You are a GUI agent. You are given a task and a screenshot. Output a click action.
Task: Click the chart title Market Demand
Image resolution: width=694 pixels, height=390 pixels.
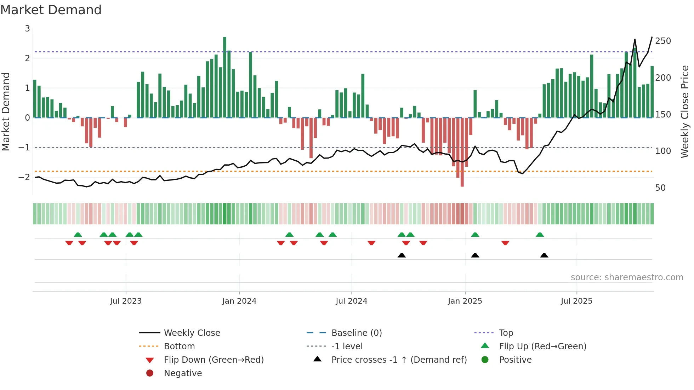(x=51, y=10)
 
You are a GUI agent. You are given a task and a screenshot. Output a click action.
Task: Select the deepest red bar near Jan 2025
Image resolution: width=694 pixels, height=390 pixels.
(x=462, y=152)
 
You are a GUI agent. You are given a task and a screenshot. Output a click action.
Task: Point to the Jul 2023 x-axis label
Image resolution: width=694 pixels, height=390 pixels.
(x=126, y=301)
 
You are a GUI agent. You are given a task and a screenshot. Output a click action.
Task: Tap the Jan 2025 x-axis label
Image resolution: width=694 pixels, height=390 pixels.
(x=465, y=301)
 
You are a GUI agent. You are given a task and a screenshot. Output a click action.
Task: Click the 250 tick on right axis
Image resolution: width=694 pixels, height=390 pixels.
(x=663, y=41)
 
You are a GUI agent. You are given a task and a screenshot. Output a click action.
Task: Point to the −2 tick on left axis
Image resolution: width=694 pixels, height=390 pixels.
(x=24, y=177)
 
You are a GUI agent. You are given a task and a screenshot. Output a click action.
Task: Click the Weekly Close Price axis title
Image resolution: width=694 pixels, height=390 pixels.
(x=685, y=111)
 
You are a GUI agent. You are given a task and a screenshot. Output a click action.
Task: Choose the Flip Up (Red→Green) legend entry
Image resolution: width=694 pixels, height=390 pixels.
(x=542, y=346)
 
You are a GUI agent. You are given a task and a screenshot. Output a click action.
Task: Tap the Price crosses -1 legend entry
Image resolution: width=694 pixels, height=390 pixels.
(x=399, y=360)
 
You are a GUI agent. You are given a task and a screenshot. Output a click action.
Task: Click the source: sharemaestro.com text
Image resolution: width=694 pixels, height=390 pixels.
(x=627, y=277)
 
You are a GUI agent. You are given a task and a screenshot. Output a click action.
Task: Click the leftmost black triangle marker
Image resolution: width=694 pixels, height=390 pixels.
(x=402, y=255)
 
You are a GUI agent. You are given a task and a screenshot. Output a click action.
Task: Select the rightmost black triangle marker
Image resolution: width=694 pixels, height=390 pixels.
(x=544, y=255)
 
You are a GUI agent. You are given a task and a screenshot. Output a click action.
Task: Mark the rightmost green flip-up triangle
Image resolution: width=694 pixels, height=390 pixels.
(x=540, y=235)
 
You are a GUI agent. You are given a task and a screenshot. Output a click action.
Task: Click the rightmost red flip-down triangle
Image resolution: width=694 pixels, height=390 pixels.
(x=505, y=243)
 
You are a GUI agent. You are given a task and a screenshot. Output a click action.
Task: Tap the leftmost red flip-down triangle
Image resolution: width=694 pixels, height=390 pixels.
(x=69, y=243)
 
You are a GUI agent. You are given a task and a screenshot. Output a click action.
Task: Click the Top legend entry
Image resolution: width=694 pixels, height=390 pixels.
(x=506, y=333)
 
